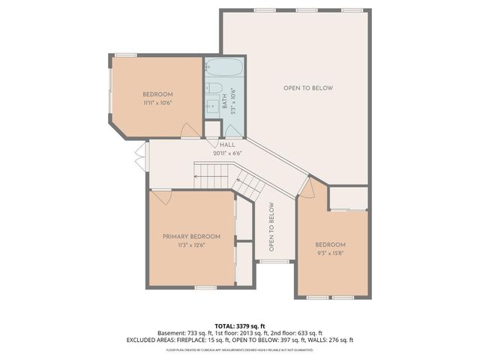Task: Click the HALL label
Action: click(227, 144)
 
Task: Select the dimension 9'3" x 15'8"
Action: click(330, 253)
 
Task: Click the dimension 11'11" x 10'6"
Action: click(158, 103)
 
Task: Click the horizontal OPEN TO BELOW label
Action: click(307, 88)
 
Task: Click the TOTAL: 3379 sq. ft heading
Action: click(239, 325)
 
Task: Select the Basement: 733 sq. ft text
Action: click(183, 333)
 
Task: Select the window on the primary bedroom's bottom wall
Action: click(205, 288)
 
